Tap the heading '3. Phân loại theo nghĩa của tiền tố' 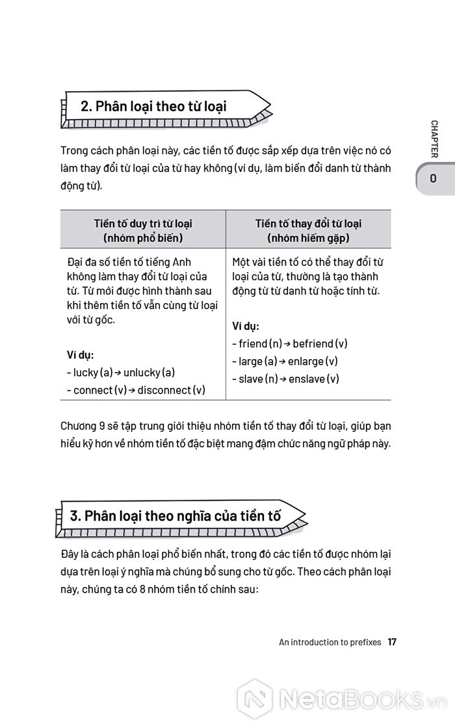click(175, 516)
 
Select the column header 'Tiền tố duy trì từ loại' click(143, 224)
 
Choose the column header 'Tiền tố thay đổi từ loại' click(308, 224)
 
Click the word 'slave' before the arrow click(250, 379)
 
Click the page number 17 click(392, 641)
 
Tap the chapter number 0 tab click(433, 178)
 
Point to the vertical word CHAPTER click(434, 139)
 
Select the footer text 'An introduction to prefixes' click(330, 642)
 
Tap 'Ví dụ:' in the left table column click(81, 355)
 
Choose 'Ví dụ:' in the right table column click(246, 326)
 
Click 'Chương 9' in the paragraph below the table click(79, 427)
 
